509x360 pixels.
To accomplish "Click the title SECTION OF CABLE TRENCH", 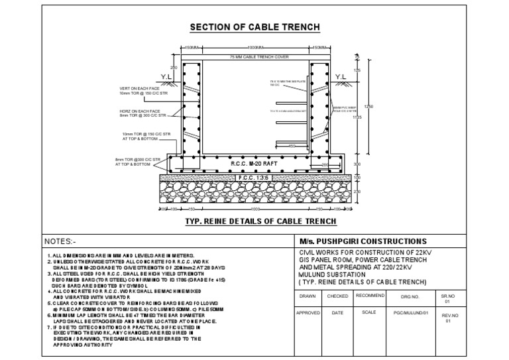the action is click(x=255, y=27).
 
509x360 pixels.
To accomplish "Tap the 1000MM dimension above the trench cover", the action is click(x=255, y=48).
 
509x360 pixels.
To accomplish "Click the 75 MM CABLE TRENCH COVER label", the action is click(x=255, y=58).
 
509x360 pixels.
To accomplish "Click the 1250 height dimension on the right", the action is click(x=369, y=106).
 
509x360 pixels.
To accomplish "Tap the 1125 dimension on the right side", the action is click(x=358, y=117).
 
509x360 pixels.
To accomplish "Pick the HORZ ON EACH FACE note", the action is click(x=139, y=113).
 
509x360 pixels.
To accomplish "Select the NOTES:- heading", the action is click(x=60, y=241).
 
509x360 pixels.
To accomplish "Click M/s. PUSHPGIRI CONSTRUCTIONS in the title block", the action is click(x=361, y=241).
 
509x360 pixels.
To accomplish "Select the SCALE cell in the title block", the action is click(x=368, y=312).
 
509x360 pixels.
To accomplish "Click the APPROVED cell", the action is click(x=308, y=312).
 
